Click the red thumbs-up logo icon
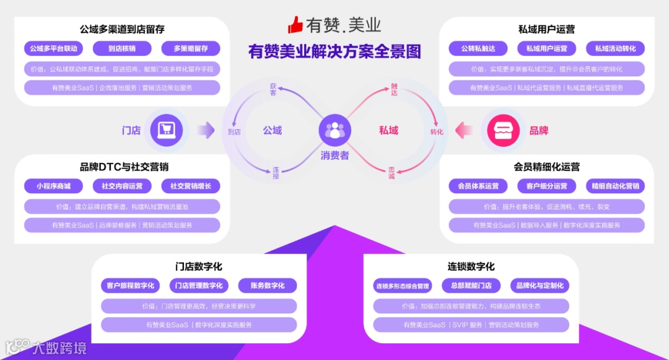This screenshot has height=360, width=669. coord(295,25)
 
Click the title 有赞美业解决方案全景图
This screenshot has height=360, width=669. coord(334,51)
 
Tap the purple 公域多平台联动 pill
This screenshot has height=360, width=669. coord(53,48)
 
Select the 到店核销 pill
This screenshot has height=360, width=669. coord(121,48)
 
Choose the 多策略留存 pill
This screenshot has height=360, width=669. coord(191,48)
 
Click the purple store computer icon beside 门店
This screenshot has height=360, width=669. coord(166,130)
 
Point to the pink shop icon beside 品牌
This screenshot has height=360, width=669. coord(503,130)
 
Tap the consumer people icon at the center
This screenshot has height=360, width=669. coord(334,130)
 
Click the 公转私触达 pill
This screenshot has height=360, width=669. coord(478,48)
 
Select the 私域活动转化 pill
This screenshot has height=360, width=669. coord(615,48)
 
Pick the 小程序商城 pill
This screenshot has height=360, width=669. coord(53,186)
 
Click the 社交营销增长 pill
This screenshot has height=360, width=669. coord(191,186)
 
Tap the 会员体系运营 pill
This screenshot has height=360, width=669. coord(478,186)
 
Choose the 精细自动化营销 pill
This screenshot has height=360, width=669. coord(615,186)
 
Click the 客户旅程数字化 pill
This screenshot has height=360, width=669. coord(130,286)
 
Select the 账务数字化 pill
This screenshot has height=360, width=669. coord(268,286)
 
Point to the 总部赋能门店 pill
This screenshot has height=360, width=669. coord(471,286)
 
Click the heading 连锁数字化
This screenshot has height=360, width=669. coord(471,266)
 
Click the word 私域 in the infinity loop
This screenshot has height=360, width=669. coord(389,130)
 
